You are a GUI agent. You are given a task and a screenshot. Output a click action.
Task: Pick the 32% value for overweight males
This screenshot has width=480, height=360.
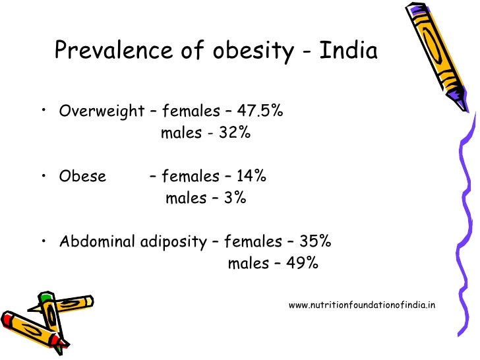[x=235, y=133]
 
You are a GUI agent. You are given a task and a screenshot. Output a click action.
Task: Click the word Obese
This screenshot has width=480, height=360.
[x=82, y=177]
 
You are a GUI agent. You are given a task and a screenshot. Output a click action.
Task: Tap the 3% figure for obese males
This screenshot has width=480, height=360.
[x=234, y=198]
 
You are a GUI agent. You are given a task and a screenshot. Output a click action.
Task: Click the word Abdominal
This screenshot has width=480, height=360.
[x=98, y=242]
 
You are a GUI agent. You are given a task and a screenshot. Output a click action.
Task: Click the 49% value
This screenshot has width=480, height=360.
[x=303, y=264]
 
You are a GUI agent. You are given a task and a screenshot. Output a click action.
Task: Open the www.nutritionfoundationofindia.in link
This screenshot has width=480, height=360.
[x=362, y=305]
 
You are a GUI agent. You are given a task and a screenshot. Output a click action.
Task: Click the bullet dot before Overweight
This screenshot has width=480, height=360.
[x=43, y=108]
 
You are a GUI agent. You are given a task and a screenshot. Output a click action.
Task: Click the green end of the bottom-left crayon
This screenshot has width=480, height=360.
[x=45, y=297]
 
